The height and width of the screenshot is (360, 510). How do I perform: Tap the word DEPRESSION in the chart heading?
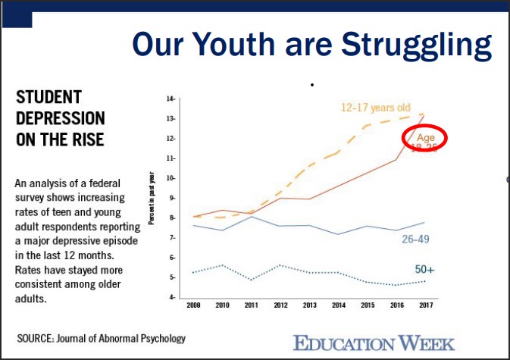tap(61, 119)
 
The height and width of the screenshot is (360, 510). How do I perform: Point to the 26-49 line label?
tap(418, 239)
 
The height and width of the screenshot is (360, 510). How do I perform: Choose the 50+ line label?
tap(425, 269)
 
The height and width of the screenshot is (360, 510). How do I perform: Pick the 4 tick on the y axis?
tap(172, 297)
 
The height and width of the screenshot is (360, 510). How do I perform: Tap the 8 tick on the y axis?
tap(172, 218)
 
